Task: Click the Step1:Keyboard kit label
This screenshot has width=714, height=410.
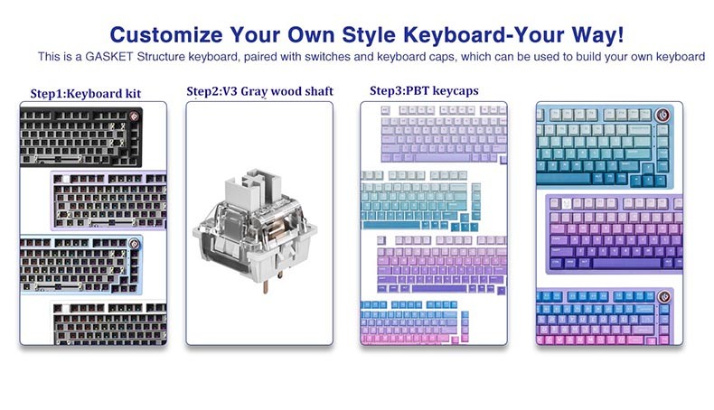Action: click(85, 93)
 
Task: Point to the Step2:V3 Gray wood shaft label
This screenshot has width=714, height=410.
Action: click(259, 92)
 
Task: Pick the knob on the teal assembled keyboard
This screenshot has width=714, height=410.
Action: click(663, 115)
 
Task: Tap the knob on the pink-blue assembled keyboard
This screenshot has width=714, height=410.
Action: click(666, 297)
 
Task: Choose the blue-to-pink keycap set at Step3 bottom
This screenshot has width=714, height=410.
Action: click(425, 321)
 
